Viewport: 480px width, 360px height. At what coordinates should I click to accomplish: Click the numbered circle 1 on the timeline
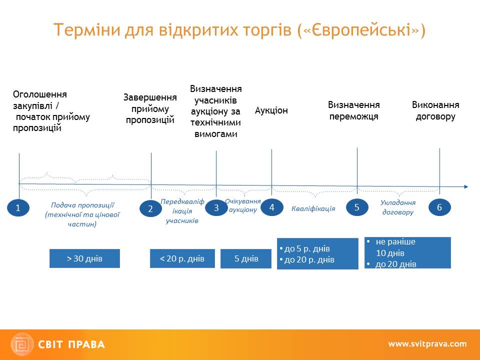18,208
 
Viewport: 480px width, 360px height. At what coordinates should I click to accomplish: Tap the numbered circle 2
150,209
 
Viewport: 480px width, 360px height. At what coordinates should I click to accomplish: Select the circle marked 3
216,207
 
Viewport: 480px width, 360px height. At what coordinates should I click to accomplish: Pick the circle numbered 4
272,207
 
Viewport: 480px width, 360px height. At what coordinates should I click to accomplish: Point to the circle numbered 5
357,207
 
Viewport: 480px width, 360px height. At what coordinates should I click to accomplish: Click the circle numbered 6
439,207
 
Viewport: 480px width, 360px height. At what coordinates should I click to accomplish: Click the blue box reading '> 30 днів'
84,258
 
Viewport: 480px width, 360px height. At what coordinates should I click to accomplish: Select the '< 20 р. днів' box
182,258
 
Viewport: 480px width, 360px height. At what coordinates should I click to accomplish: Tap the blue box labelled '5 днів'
246,258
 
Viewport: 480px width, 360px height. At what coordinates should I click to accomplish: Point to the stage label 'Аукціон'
271,110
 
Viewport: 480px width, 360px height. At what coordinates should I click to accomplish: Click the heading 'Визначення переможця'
354,110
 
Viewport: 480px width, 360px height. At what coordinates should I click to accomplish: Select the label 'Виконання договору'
435,110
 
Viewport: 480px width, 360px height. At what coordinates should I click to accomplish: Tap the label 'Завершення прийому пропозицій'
150,108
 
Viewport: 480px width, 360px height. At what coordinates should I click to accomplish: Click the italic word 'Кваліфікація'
313,208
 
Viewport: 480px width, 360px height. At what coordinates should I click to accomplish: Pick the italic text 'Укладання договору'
398,207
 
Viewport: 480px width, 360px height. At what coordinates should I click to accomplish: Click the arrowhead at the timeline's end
466,187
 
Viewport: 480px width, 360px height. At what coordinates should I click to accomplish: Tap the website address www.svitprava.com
427,344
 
